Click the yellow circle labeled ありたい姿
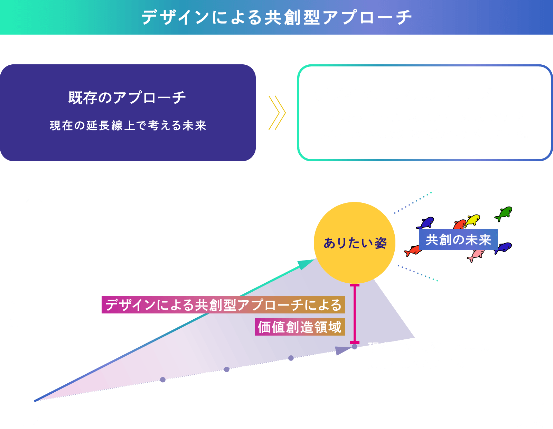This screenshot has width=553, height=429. click(354, 242)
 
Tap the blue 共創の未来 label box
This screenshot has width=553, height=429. click(458, 239)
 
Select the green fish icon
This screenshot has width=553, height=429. click(504, 213)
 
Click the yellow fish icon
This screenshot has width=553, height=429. click(473, 220)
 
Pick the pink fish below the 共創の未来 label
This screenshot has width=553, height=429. click(476, 255)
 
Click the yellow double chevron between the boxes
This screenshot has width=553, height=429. click(277, 113)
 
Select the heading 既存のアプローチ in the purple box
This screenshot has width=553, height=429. click(127, 98)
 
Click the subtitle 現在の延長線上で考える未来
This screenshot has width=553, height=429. click(128, 125)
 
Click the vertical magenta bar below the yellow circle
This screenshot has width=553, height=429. click(354, 313)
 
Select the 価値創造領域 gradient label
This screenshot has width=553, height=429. click(300, 327)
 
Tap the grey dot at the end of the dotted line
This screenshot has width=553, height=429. click(354, 346)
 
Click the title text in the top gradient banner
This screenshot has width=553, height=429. click(276, 17)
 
